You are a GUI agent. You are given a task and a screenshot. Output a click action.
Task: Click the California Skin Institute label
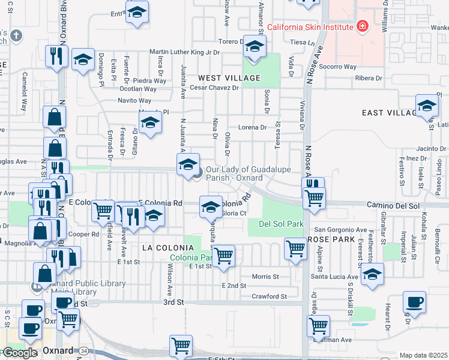[310, 26]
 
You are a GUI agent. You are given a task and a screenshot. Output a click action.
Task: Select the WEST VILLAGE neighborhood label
[229, 78]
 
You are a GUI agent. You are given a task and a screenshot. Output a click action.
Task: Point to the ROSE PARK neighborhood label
[328, 239]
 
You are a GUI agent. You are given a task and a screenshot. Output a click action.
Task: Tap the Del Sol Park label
[279, 224]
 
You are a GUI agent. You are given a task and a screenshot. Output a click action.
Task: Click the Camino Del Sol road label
[394, 205]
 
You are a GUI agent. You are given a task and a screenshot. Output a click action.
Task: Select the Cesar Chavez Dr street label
[214, 88]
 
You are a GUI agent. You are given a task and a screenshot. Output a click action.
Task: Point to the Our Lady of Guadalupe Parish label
[234, 174]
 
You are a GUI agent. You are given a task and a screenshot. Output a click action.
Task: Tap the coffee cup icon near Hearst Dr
[414, 301]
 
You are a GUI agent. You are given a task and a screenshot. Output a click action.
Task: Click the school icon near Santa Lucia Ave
[373, 275]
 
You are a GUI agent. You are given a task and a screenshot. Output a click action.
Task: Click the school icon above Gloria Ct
[210, 206]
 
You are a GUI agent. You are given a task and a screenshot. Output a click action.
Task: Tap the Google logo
[20, 353]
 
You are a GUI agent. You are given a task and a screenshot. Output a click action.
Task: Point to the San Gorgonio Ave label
[341, 230]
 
